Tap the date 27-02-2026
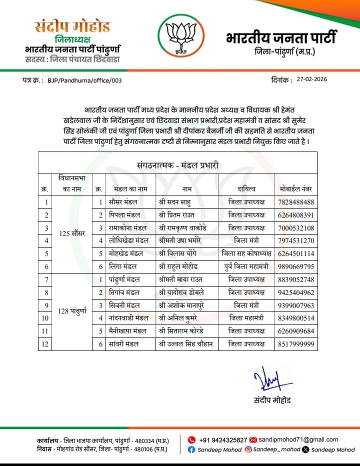312,79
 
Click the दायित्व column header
246,189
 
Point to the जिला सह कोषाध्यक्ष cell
246,254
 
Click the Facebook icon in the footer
191,449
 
